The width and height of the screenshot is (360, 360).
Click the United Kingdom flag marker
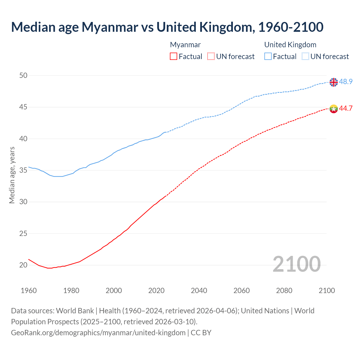point(334,82)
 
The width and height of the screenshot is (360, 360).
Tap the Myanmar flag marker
point(334,109)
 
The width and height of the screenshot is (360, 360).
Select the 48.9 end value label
point(346,82)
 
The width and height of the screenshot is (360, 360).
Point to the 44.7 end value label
point(346,109)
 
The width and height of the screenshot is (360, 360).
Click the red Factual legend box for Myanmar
point(174,57)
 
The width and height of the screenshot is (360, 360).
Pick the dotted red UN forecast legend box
point(211,57)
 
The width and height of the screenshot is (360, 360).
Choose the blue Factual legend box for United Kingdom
point(268,57)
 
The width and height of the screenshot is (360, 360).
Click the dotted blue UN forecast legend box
point(305,57)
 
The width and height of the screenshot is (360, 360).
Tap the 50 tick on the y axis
point(23,75)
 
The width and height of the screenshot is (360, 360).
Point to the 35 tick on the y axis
point(23,170)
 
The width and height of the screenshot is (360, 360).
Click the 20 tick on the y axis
point(23,265)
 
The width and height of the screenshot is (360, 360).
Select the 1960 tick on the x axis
point(29,291)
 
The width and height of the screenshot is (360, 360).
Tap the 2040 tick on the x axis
point(199,291)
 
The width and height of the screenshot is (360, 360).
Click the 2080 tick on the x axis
point(284,291)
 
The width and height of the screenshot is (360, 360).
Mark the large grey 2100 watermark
point(296,264)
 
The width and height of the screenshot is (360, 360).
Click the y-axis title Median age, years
point(12,175)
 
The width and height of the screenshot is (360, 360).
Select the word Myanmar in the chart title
point(110,27)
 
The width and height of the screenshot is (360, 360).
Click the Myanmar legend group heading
point(185,45)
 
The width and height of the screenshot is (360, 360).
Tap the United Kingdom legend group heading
point(290,45)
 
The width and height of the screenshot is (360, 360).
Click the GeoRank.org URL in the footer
point(98,333)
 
